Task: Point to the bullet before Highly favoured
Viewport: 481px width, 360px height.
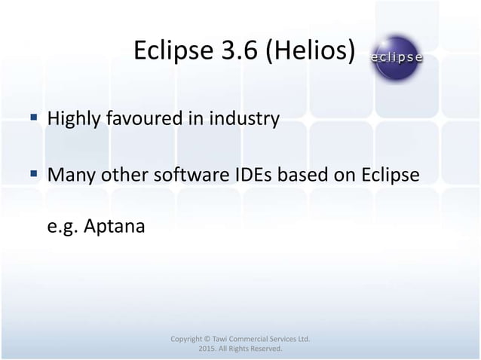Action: [35, 118]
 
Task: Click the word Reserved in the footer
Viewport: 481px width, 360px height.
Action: [264, 350]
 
